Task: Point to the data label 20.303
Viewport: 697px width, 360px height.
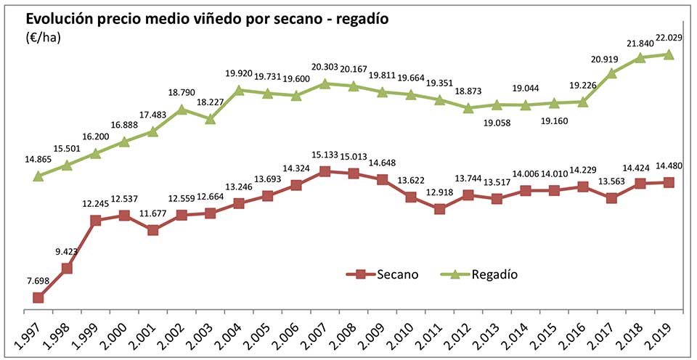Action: (325, 67)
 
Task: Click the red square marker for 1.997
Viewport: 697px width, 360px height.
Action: (38, 298)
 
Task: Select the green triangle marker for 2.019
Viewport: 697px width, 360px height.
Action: (669, 54)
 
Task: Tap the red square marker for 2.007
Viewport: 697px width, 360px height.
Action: (325, 171)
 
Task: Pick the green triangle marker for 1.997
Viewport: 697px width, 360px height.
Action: (38, 176)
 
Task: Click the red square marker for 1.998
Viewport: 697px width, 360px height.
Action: (67, 269)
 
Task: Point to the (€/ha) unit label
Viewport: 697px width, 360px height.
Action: (43, 38)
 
